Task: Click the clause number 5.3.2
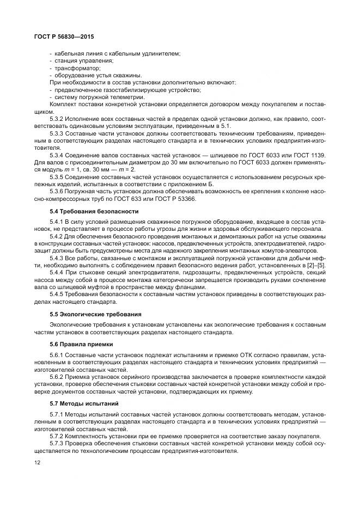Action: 58,118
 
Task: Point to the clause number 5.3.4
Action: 58,154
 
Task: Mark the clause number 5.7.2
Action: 58,436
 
